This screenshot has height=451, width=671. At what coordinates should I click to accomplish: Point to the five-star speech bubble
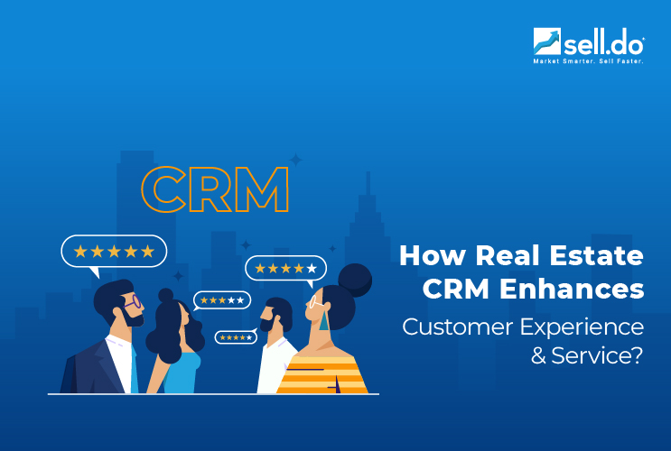click(x=114, y=251)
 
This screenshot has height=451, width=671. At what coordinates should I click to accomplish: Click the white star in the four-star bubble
click(x=312, y=268)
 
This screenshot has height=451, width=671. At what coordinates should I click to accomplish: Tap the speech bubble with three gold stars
click(x=221, y=299)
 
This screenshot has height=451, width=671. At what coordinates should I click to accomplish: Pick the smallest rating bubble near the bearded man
click(x=236, y=337)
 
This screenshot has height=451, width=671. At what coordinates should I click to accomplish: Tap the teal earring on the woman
click(x=323, y=322)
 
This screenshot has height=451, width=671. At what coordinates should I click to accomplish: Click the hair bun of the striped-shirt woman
click(x=355, y=277)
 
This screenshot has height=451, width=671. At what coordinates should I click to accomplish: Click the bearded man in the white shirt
click(x=275, y=347)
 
